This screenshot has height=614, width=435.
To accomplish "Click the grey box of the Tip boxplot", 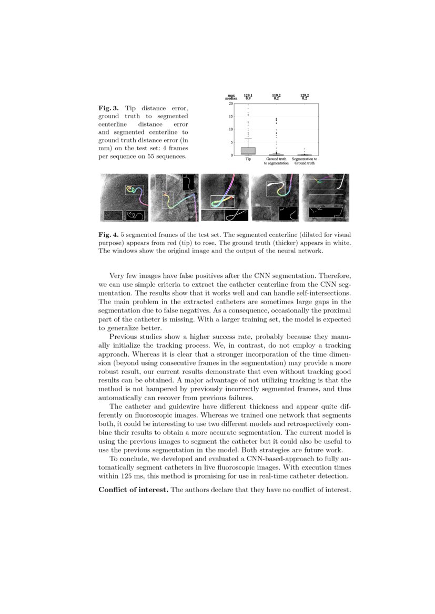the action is [248, 151].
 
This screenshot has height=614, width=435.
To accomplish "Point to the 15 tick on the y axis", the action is [231, 116].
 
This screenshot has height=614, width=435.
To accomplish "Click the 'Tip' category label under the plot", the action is [248, 159].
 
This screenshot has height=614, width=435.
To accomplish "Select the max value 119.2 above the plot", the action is [276, 95].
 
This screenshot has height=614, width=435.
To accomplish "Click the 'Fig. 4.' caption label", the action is [108, 235].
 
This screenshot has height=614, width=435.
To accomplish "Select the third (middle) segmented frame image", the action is [224, 197].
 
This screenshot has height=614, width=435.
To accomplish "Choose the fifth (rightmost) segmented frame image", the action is [325, 197].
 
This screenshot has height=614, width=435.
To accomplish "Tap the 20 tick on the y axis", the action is [231, 103].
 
